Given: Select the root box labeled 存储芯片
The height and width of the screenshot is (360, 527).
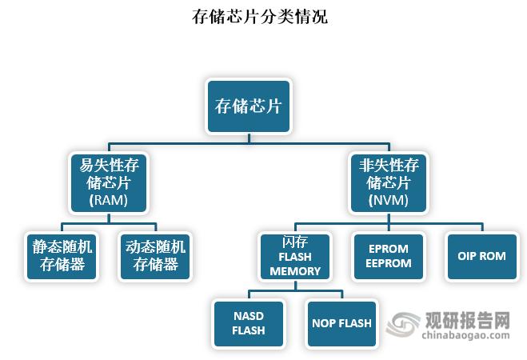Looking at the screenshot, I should pyautogui.click(x=249, y=106).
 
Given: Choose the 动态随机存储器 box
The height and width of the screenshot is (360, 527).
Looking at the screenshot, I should pyautogui.click(x=155, y=256).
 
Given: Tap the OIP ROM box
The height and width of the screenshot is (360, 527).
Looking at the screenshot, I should pyautogui.click(x=481, y=256).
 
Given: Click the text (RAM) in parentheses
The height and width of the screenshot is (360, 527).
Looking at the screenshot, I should pyautogui.click(x=109, y=200).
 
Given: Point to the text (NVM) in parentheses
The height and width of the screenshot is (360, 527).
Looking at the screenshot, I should pyautogui.click(x=389, y=200).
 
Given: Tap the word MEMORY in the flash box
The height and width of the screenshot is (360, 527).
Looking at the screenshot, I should pyautogui.click(x=294, y=270).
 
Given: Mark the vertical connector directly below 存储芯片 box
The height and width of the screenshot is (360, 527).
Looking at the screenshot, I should pyautogui.click(x=249, y=138).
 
